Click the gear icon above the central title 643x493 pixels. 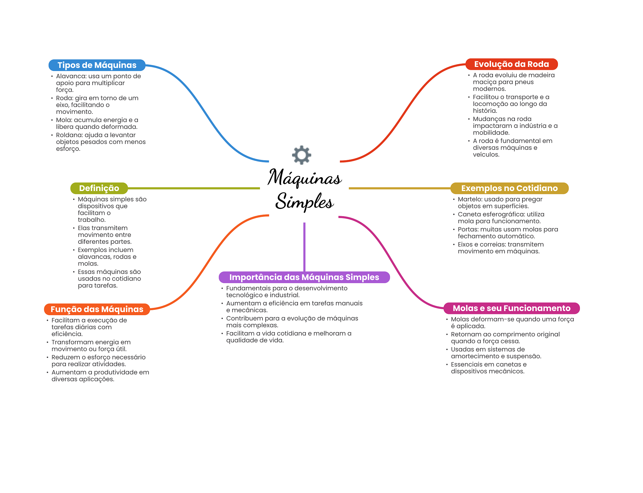point(301,155)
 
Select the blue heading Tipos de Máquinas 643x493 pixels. point(97,65)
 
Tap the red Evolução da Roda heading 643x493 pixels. point(511,64)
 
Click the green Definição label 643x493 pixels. point(99,188)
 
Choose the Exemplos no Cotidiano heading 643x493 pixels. point(509,188)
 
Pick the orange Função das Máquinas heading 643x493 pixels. point(97,309)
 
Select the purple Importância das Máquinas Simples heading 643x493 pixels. point(304,277)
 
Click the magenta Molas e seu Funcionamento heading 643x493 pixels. point(511,308)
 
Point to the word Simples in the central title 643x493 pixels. point(304,201)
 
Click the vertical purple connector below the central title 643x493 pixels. point(304,247)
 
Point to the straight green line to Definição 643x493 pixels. point(194,188)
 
